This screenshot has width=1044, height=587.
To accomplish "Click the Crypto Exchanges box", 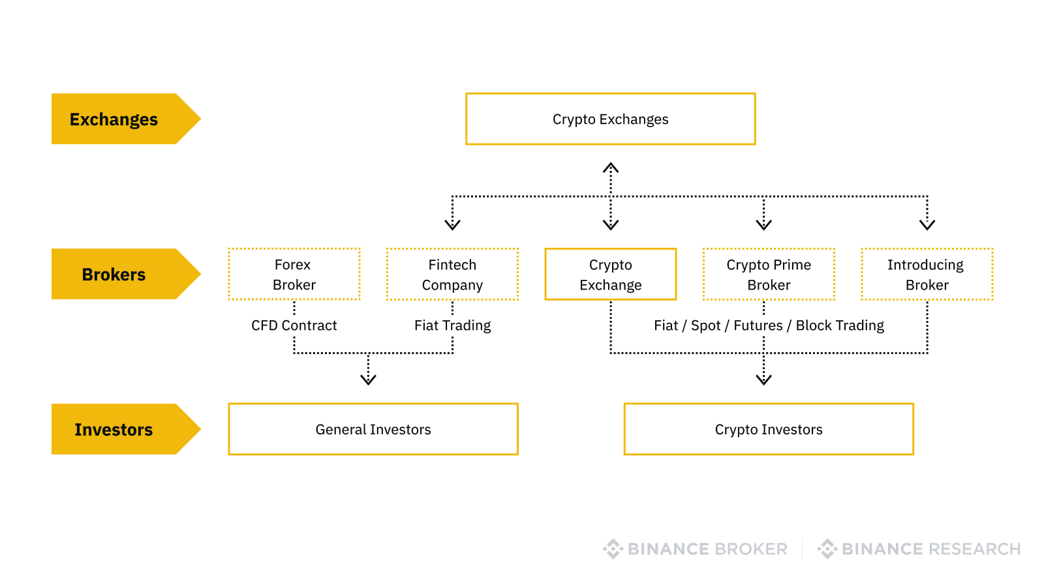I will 610,119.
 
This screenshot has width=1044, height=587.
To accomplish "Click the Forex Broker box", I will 294,274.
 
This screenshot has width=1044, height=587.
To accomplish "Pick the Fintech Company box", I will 452,274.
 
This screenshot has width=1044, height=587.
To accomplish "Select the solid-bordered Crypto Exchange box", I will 610,274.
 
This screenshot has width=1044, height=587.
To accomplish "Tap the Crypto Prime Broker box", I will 769,274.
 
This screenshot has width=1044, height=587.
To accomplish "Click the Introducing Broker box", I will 927,274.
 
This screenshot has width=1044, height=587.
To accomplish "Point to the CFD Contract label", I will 294,325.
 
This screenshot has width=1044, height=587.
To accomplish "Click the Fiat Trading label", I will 452,325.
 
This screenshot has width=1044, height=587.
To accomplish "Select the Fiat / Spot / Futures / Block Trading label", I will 769,325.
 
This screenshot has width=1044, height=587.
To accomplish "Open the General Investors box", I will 373,429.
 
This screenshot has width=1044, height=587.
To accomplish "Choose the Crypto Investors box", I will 769,429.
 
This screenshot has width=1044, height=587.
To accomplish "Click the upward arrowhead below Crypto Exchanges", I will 610,168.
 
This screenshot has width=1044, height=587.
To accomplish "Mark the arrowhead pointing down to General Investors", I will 368,380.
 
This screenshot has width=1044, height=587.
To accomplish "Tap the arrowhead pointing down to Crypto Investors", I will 763,380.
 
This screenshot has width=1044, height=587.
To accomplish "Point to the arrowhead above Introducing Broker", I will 927,225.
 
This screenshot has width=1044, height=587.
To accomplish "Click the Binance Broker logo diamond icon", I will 613,549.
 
